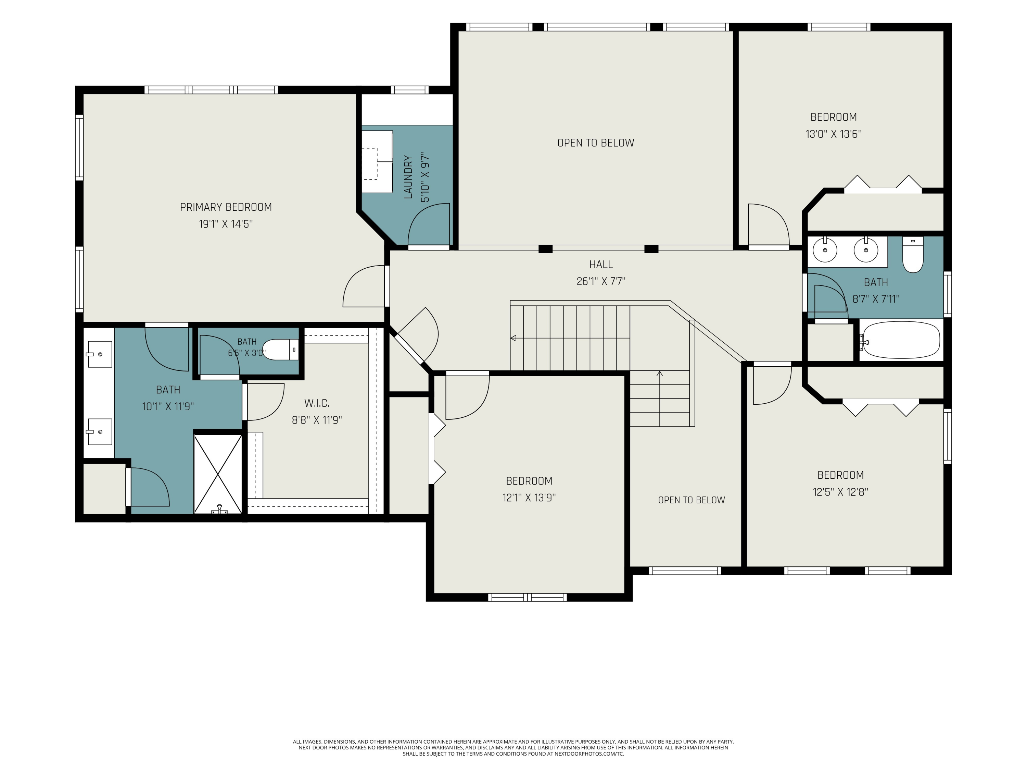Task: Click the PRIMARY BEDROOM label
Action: (226, 207)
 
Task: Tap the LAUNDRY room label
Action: (408, 177)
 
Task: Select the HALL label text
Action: (601, 265)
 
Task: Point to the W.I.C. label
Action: (317, 403)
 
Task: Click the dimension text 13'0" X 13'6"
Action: (833, 134)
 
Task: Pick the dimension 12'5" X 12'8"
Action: (840, 492)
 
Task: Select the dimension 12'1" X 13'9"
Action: (529, 497)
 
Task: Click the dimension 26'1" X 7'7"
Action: (601, 281)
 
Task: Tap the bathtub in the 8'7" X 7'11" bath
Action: (900, 340)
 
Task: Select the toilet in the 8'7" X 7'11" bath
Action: (913, 255)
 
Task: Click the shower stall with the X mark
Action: (218, 474)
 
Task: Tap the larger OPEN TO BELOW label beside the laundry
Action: (596, 143)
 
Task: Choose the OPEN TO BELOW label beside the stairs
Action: (691, 500)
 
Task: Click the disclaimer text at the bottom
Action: (513, 748)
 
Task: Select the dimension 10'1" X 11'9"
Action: (168, 406)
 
